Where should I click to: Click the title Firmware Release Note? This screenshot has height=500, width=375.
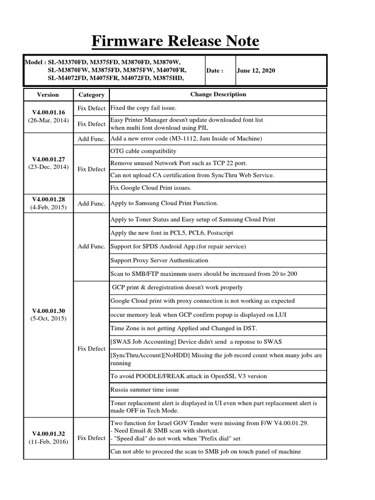175,42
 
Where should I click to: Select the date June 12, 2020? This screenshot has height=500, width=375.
256,70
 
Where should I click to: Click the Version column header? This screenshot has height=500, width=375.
48,95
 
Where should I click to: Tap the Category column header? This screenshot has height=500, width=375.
91,95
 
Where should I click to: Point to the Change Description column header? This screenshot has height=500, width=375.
218,94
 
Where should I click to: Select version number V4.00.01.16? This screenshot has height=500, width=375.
48,112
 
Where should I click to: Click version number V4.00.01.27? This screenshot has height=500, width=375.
48,159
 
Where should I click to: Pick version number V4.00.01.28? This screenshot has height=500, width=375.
48,199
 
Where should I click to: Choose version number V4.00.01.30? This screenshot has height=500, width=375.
48,311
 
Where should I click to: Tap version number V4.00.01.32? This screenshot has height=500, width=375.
48,433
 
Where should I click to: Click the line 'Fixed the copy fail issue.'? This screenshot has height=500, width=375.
143,107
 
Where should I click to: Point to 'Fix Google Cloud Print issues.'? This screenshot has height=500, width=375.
151,188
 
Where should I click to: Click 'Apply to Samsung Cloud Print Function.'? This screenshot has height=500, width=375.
164,203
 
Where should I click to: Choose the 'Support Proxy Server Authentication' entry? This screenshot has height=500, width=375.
159,260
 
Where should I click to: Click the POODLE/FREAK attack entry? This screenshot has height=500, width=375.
188,376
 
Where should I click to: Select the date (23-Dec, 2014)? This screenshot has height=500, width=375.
48,167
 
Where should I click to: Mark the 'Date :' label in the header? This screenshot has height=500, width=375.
214,70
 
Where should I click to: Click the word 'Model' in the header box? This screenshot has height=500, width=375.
34,62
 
